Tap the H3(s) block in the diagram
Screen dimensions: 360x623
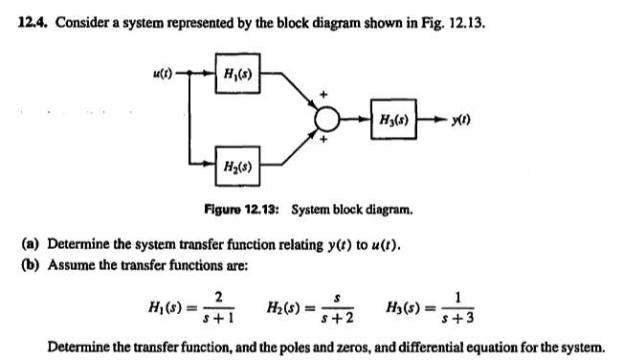(x=393, y=122)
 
